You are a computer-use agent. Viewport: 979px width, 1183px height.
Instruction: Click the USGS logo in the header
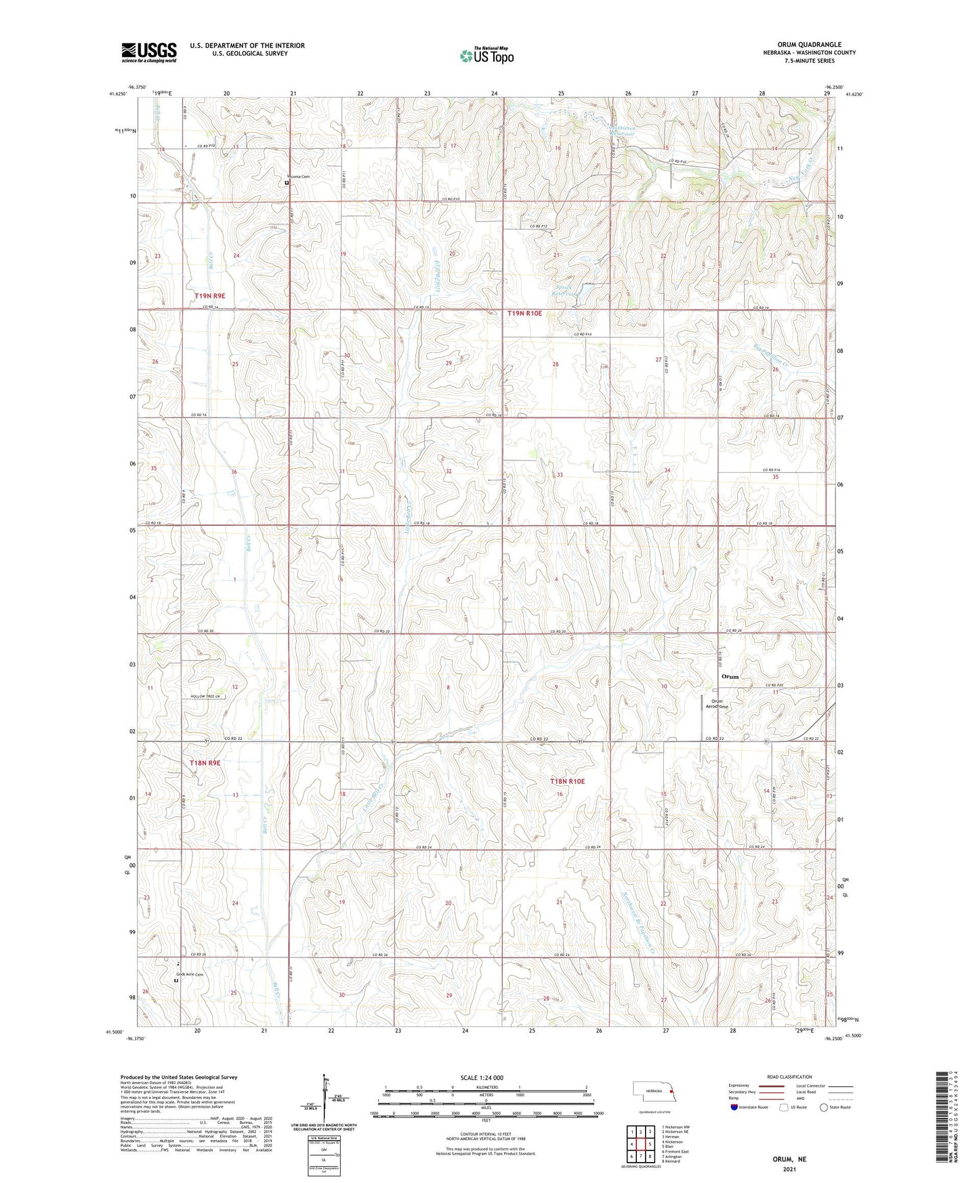click(x=149, y=52)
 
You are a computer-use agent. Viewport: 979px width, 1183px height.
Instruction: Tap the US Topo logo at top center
click(x=486, y=56)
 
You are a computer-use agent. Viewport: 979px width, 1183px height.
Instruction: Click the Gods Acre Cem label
click(x=189, y=974)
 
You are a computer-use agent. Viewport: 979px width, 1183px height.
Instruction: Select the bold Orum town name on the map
click(x=730, y=676)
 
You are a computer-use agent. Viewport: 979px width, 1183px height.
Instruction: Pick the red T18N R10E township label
click(x=566, y=781)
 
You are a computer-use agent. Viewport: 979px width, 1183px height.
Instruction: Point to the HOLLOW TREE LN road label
click(x=205, y=697)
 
